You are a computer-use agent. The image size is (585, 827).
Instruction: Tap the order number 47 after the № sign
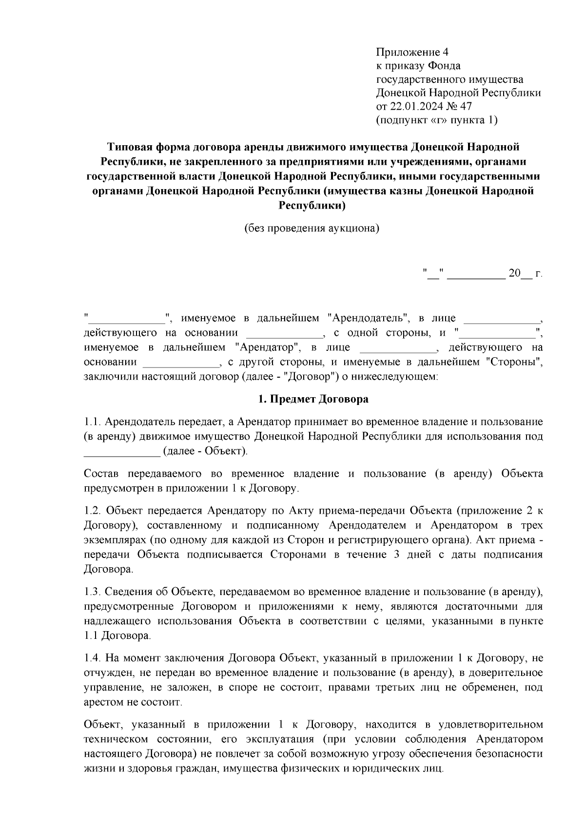(x=466, y=106)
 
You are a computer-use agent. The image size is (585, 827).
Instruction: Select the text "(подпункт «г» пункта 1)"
(x=437, y=120)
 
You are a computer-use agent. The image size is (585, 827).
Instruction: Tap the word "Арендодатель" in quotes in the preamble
(x=368, y=319)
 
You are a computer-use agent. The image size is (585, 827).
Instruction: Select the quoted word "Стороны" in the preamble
(x=514, y=363)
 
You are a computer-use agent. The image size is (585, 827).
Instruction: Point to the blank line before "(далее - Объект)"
(x=122, y=452)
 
